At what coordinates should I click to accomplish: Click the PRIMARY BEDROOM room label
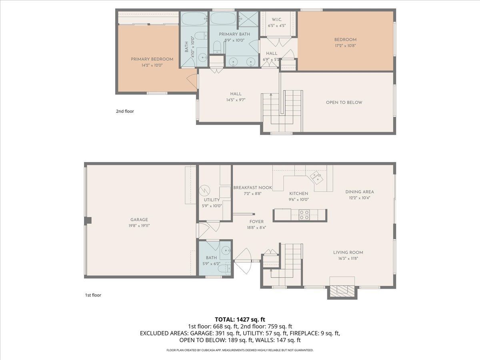point(152,59)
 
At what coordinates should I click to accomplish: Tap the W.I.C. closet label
point(277,20)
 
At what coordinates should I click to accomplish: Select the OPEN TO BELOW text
point(344,102)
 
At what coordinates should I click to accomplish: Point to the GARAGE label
point(139,220)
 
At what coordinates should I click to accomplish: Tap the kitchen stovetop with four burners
point(304,215)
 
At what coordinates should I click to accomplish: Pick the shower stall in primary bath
point(248,19)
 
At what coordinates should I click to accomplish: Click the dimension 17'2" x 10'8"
point(345,46)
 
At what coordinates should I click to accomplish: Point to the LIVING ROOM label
point(348,252)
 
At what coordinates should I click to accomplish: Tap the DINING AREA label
point(360,192)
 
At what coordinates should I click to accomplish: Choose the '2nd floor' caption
point(125,111)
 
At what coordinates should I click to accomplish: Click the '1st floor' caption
point(93,295)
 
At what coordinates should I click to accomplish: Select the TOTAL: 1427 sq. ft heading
point(240,320)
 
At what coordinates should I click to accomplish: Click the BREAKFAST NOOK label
point(252,188)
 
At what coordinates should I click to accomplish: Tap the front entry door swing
point(243,261)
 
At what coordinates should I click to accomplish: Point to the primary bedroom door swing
point(192,81)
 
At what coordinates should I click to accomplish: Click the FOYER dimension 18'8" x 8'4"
point(256,228)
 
